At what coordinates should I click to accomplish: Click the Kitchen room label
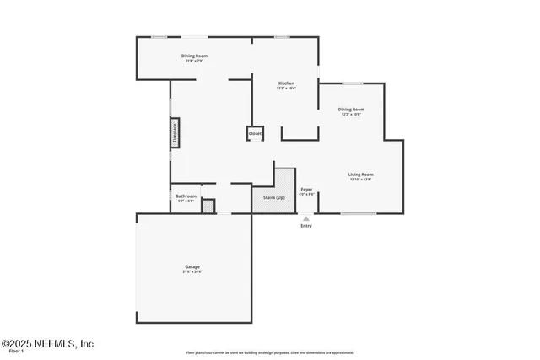287,83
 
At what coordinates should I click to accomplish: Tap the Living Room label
361,175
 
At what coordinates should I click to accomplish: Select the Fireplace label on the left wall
175,134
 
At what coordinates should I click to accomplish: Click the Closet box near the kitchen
255,133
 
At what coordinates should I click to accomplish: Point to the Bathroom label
186,196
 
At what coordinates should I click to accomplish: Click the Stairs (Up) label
274,197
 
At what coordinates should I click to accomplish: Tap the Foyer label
306,190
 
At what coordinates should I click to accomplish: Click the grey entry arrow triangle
306,218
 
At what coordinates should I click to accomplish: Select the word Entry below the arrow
305,226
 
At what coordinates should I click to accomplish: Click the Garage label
192,266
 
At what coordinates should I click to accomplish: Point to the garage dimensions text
192,271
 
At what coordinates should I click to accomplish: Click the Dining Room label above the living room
351,109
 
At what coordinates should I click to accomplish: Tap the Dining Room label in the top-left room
194,56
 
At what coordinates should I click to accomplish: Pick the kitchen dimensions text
287,88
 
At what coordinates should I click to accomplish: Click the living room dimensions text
361,180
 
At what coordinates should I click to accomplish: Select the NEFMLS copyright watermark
48,343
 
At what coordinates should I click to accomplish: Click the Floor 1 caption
16,352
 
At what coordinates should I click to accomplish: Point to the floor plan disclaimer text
269,352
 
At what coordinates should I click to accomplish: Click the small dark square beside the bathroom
208,206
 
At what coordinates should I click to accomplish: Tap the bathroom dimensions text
186,201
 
